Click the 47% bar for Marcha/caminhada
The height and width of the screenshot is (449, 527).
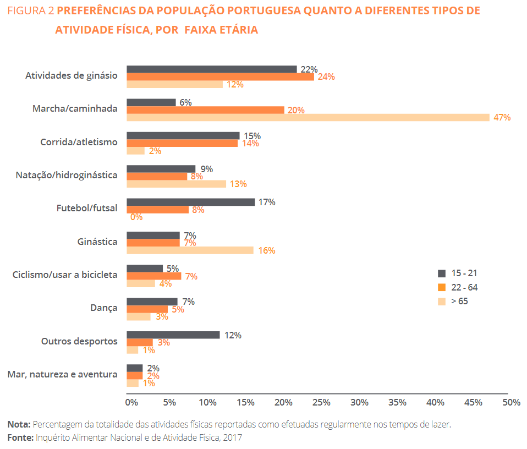pos(308,117)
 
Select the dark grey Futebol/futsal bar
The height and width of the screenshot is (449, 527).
pos(191,202)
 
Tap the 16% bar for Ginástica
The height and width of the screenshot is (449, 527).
pos(190,250)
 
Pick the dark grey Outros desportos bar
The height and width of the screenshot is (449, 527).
pos(173,335)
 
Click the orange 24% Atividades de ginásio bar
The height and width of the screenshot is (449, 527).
pos(221,76)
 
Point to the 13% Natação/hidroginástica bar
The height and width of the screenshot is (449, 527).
pos(177,184)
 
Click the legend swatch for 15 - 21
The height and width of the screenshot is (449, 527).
pos(441,273)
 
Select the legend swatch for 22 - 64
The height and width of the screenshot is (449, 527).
pos(441,287)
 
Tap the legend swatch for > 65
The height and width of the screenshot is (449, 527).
pos(441,302)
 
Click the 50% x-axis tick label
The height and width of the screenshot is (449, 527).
pos(511,403)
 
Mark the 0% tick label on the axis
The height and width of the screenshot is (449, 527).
pos(131,403)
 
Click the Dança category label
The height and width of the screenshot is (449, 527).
pos(104,308)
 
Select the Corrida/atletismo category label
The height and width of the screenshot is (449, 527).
pos(79,142)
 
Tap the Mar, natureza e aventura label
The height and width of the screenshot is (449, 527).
pos(62,374)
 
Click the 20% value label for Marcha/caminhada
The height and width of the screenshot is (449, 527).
pos(296,110)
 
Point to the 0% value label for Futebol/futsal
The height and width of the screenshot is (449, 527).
pos(136,217)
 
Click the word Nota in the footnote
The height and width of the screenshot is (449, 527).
pos(19,424)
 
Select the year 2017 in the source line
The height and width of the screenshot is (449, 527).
pos(232,437)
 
